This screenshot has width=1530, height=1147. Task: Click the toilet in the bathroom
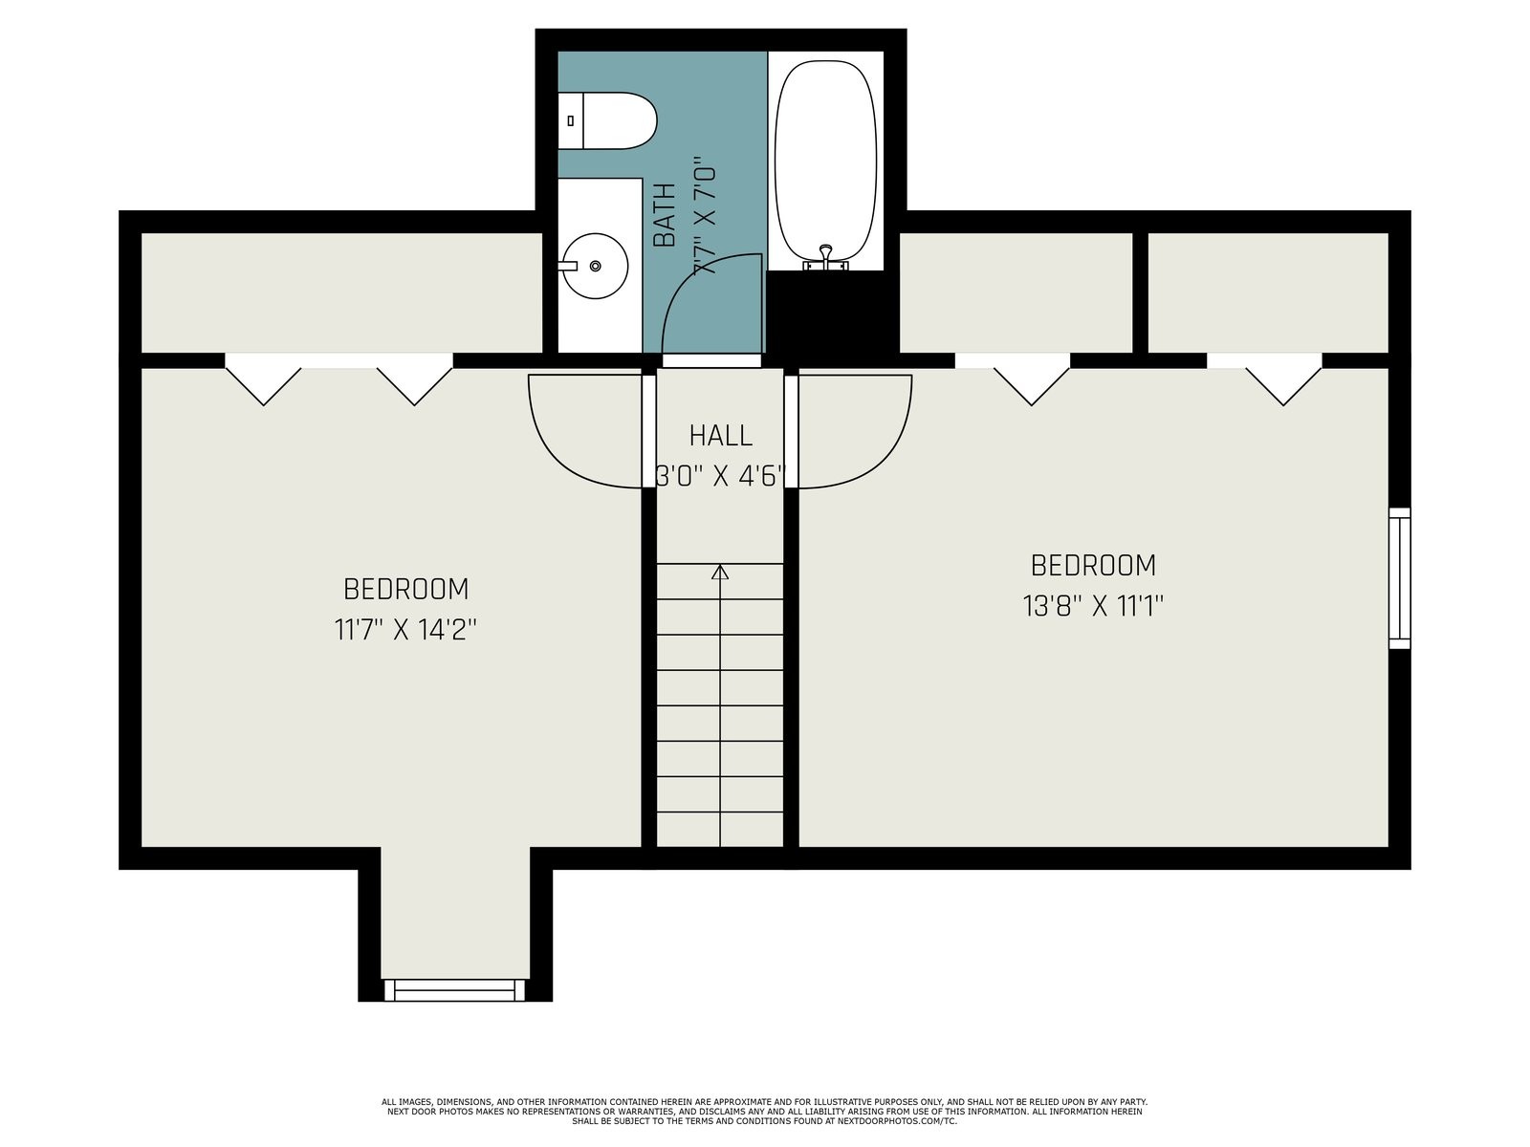click(x=606, y=120)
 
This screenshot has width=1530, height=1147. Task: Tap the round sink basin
click(x=596, y=266)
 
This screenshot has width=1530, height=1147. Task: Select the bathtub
click(x=825, y=161)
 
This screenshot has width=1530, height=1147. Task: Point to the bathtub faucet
click(x=826, y=258)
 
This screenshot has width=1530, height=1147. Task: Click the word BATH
click(x=665, y=215)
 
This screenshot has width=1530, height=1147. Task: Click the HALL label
click(x=721, y=436)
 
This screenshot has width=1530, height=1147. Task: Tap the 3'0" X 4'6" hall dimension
click(x=721, y=476)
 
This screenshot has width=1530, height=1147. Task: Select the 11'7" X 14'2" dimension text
click(x=405, y=630)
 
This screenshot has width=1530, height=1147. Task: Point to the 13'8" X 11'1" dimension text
click(x=1093, y=606)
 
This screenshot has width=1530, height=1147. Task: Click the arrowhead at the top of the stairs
click(x=720, y=572)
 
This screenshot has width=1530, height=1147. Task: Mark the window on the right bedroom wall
click(x=1400, y=578)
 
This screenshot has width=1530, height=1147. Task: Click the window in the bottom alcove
click(x=454, y=989)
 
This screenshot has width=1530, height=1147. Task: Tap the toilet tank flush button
click(x=570, y=120)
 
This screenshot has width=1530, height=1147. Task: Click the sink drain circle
click(x=596, y=266)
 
